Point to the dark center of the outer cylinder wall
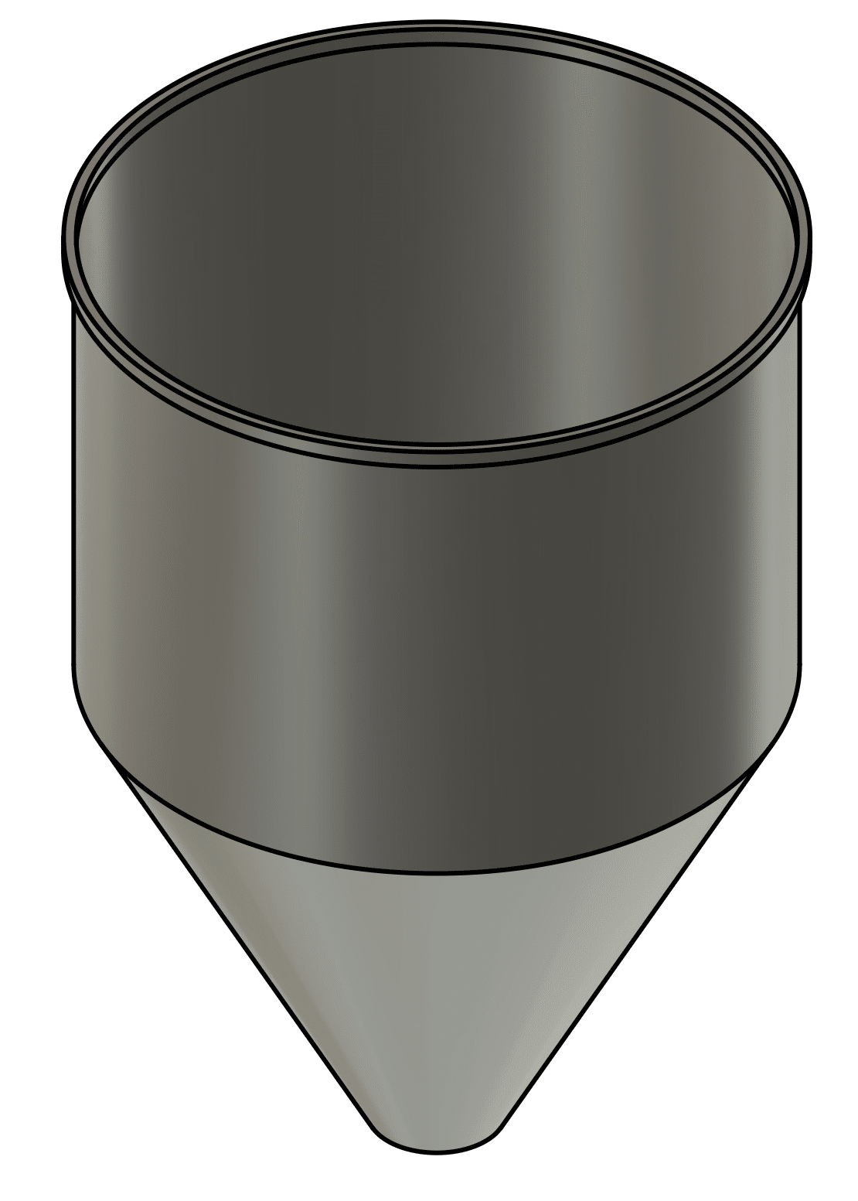coord(618,619)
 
